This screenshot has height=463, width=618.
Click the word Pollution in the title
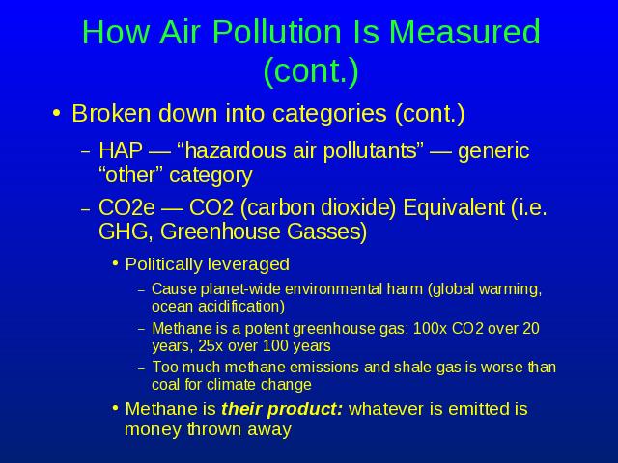tap(277, 32)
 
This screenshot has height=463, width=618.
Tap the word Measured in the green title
tap(464, 32)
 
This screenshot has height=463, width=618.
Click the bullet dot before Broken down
tap(57, 113)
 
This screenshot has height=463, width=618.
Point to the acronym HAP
tap(120, 150)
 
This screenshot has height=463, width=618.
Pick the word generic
tap(493, 151)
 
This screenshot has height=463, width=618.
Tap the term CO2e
tap(126, 207)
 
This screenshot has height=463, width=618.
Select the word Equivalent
tap(454, 207)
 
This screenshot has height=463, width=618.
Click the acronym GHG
tap(123, 231)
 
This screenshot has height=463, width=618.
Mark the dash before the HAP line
tap(86, 152)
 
